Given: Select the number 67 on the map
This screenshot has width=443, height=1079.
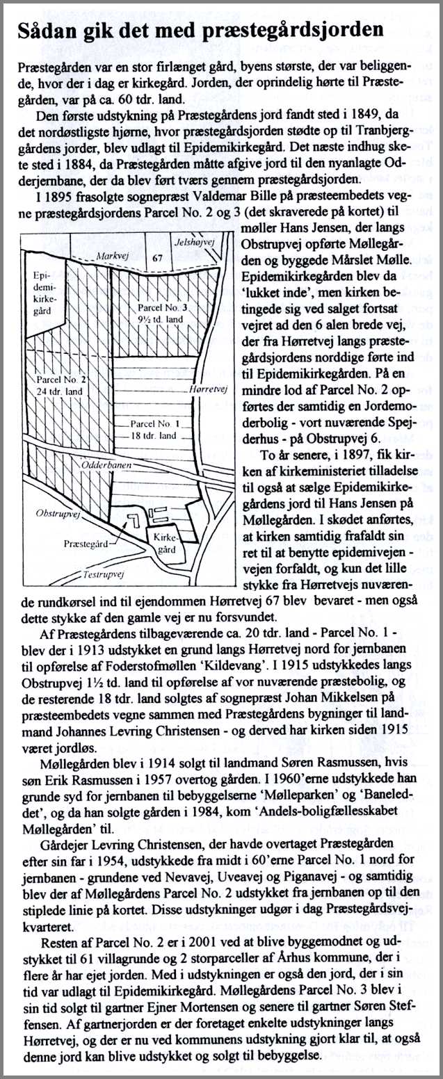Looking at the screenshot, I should click(157, 259).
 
